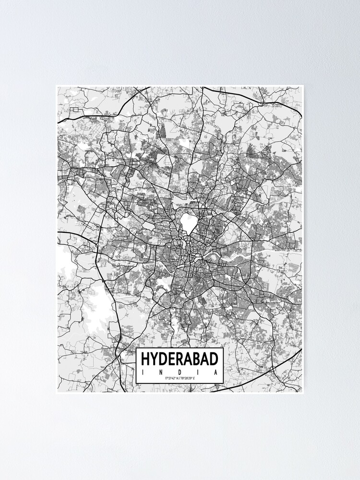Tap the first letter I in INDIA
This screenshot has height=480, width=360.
(x=142, y=372)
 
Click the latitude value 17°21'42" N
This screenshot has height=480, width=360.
(x=172, y=379)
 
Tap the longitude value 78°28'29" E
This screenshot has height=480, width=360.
(x=188, y=379)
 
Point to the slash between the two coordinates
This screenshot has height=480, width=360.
(x=180, y=379)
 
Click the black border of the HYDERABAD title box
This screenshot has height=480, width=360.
(x=180, y=348)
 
